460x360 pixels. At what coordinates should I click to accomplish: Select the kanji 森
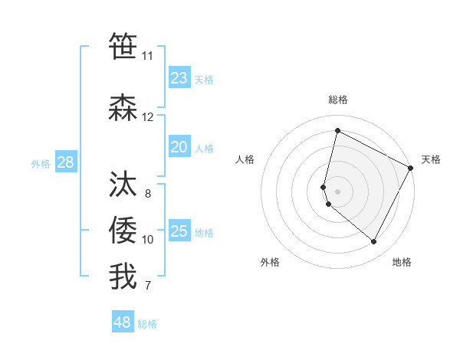[123, 108]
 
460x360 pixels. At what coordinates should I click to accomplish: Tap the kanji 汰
[123, 185]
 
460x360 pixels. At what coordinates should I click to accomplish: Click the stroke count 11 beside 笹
[147, 56]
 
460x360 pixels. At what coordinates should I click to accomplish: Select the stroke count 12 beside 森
[147, 117]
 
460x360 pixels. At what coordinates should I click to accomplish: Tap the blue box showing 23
[179, 78]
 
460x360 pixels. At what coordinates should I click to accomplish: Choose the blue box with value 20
[179, 147]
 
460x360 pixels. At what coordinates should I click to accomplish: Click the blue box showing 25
[179, 231]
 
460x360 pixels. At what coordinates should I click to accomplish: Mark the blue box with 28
[65, 162]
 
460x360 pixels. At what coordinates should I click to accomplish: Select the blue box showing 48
[123, 322]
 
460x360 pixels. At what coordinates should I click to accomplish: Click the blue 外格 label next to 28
[40, 163]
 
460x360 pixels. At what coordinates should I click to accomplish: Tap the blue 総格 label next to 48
[147, 324]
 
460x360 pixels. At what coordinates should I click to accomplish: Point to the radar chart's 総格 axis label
[338, 100]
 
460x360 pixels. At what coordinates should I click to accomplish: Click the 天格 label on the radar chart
[431, 159]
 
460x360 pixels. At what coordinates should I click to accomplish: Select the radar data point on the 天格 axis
[411, 168]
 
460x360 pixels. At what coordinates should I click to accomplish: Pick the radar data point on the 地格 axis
[374, 242]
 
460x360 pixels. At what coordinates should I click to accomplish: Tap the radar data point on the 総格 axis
[337, 130]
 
